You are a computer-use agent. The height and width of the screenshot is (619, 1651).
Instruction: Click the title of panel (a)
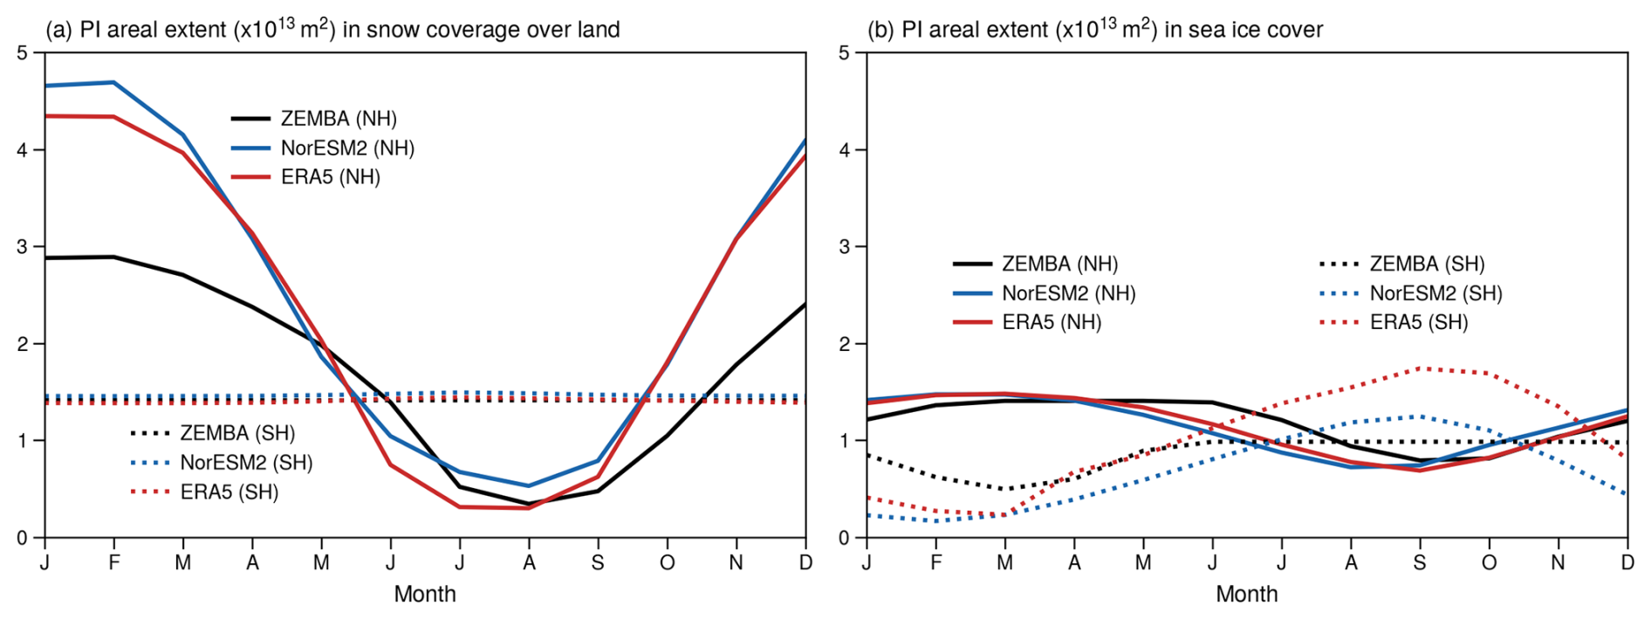[x=332, y=29]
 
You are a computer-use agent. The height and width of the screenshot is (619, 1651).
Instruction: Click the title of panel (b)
[x=1094, y=29]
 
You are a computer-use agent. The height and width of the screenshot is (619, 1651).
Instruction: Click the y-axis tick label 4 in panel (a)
[x=23, y=149]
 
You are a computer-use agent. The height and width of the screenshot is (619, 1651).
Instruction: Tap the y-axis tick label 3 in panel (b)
[x=844, y=247]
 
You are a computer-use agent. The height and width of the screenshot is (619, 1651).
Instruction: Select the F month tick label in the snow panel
[x=113, y=563]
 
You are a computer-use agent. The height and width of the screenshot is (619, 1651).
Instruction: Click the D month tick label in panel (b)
[x=1627, y=563]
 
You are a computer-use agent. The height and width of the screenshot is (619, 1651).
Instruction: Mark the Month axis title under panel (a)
[x=425, y=595]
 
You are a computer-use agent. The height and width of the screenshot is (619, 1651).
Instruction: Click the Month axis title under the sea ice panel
[x=1247, y=595]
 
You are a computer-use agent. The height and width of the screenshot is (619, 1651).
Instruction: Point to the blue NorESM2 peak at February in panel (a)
[x=113, y=82]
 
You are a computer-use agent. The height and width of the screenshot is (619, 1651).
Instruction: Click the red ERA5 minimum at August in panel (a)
[x=528, y=508]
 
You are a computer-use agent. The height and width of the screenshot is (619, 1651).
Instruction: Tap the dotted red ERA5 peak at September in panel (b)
[x=1420, y=368]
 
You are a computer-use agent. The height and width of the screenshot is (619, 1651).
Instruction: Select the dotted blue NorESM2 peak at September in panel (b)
[x=1420, y=416]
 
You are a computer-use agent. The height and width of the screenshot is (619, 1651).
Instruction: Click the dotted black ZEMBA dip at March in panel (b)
[x=1004, y=489]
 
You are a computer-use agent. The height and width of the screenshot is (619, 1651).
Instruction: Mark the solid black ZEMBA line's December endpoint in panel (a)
[x=805, y=305]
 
